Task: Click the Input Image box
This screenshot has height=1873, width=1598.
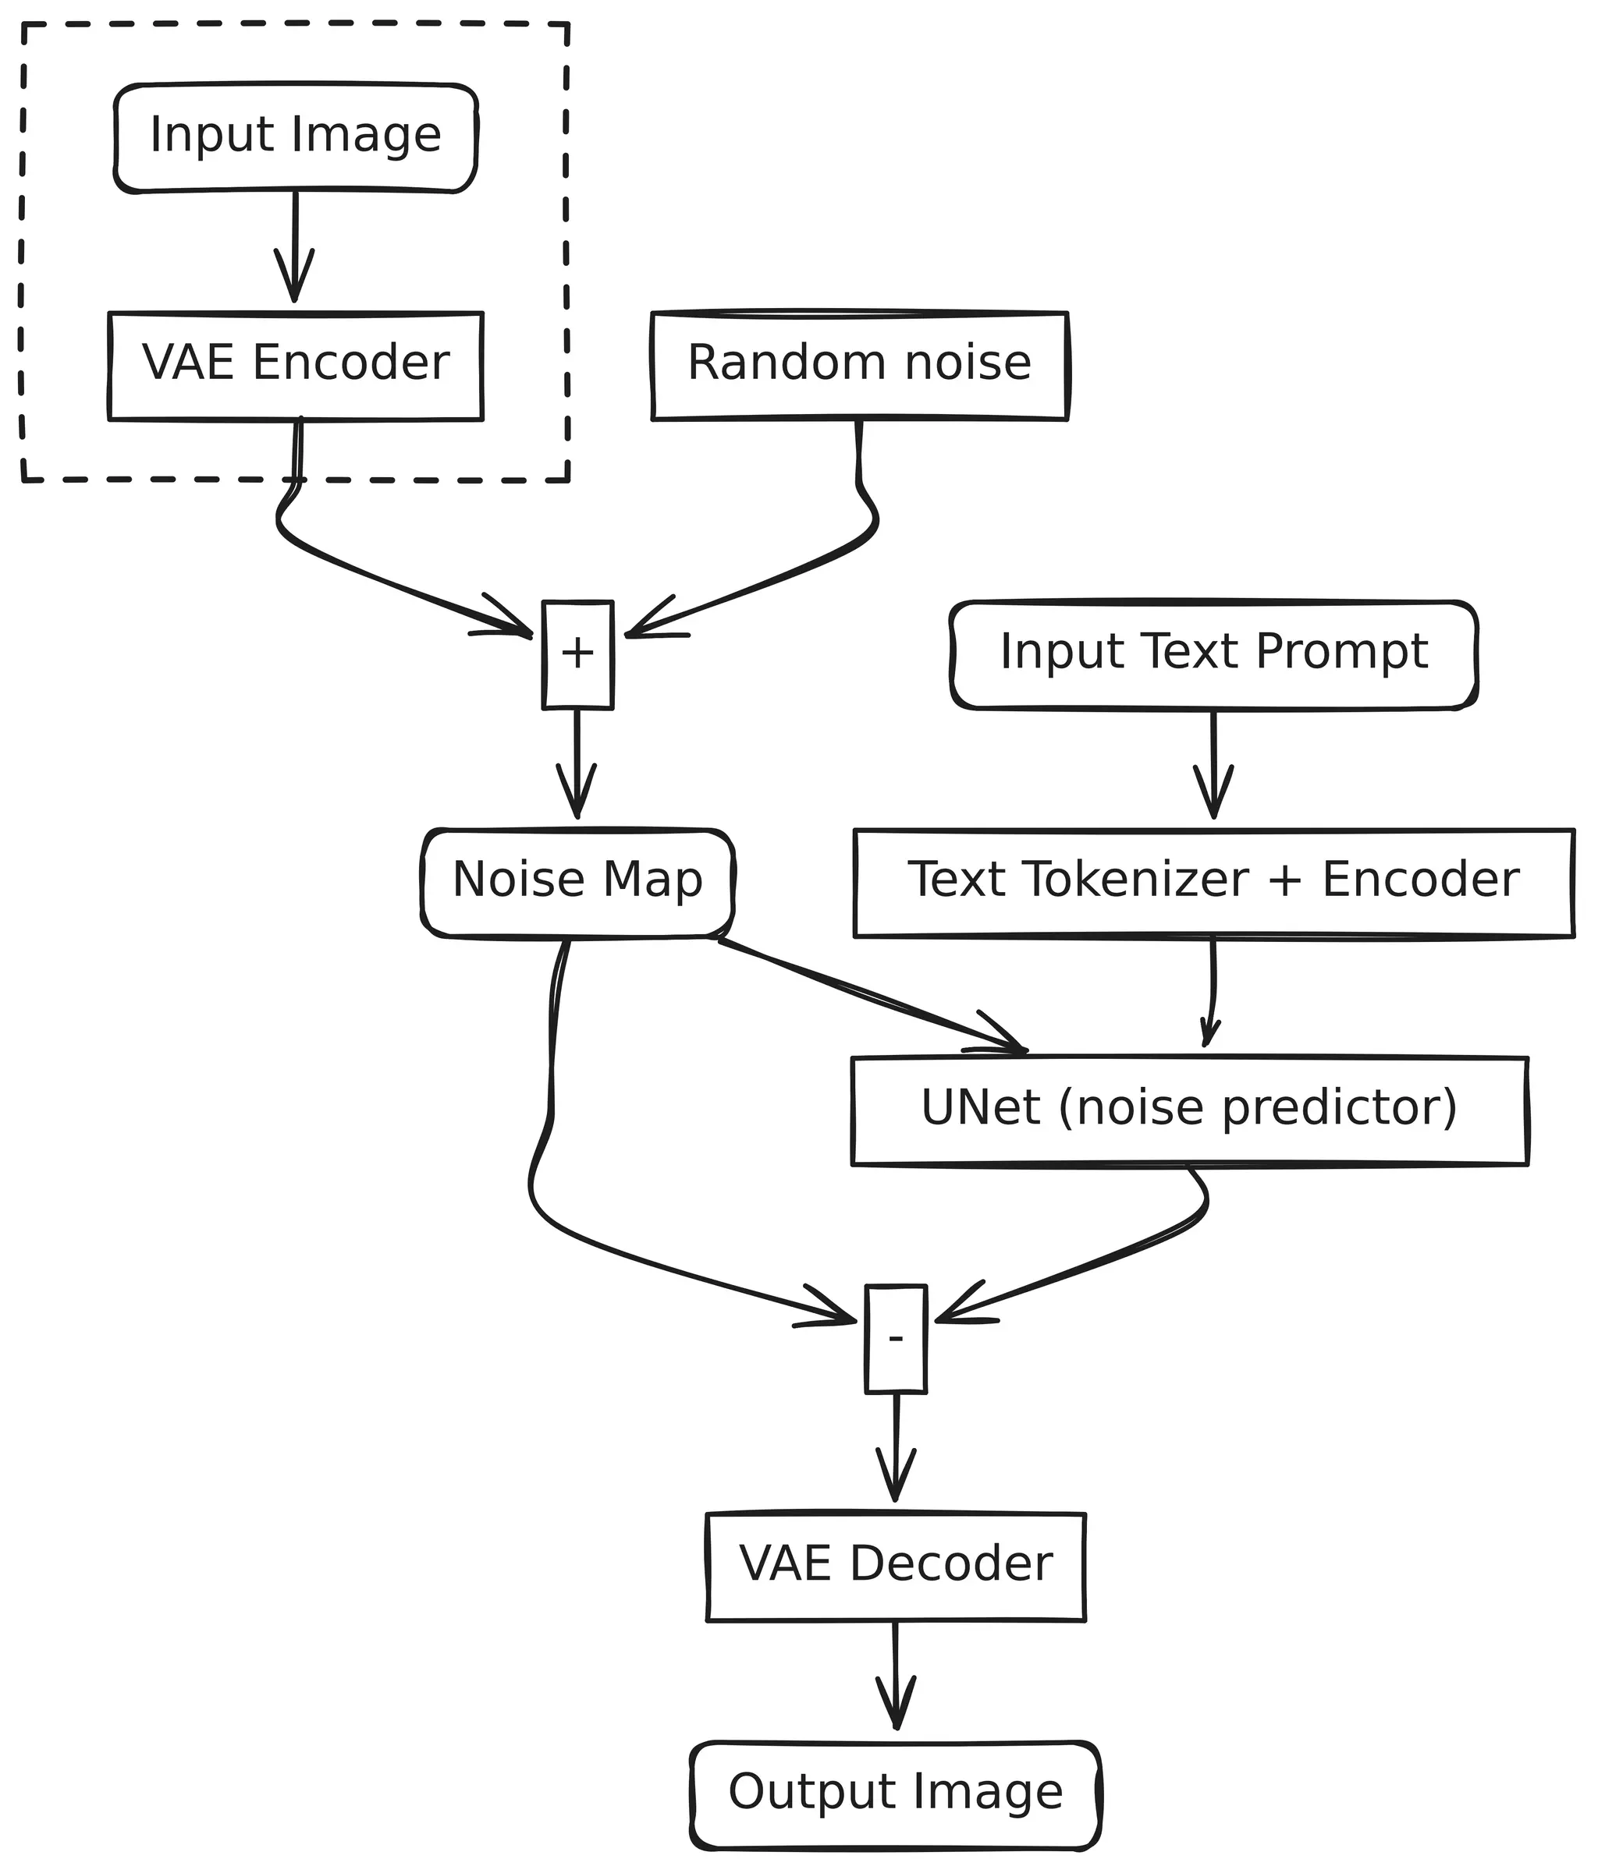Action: pyautogui.click(x=295, y=137)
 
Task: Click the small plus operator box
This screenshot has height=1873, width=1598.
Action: pyautogui.click(x=577, y=654)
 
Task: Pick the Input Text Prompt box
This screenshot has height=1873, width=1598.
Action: pyautogui.click(x=1213, y=654)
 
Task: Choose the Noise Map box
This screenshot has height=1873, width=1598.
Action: pyautogui.click(x=577, y=882)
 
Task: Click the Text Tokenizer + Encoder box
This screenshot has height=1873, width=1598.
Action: pyautogui.click(x=1213, y=882)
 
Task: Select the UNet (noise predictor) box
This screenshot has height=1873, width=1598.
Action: pyautogui.click(x=1188, y=1110)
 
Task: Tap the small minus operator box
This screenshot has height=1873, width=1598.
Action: pyautogui.click(x=895, y=1339)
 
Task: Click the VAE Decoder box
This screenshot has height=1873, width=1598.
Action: pyautogui.click(x=895, y=1567)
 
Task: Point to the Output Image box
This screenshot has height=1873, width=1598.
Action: pyautogui.click(x=895, y=1794)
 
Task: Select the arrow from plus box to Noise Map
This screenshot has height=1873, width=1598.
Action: pyautogui.click(x=577, y=764)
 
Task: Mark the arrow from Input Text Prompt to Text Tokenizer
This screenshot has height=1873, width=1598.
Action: pyautogui.click(x=1213, y=764)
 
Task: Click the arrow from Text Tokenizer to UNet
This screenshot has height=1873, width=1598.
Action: pyautogui.click(x=1212, y=994)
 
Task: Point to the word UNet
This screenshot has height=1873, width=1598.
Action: pyautogui.click(x=979, y=1108)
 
